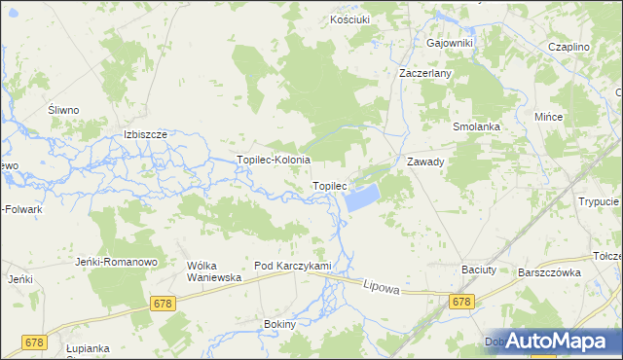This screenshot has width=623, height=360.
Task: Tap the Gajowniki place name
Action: click(x=449, y=43)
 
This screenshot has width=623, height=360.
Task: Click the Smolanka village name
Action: click(x=476, y=127)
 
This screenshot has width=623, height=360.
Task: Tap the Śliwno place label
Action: click(x=63, y=111)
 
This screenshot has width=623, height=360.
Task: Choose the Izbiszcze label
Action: click(x=146, y=134)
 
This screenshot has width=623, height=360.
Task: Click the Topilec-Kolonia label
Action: click(x=274, y=160)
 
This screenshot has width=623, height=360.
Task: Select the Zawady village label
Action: click(x=425, y=162)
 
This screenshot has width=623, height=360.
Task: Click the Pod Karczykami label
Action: click(x=293, y=266)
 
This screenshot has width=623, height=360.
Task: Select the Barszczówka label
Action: click(x=549, y=272)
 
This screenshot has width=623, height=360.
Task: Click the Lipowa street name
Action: click(x=383, y=287)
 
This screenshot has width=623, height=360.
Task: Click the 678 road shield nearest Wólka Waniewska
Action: click(x=163, y=305)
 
